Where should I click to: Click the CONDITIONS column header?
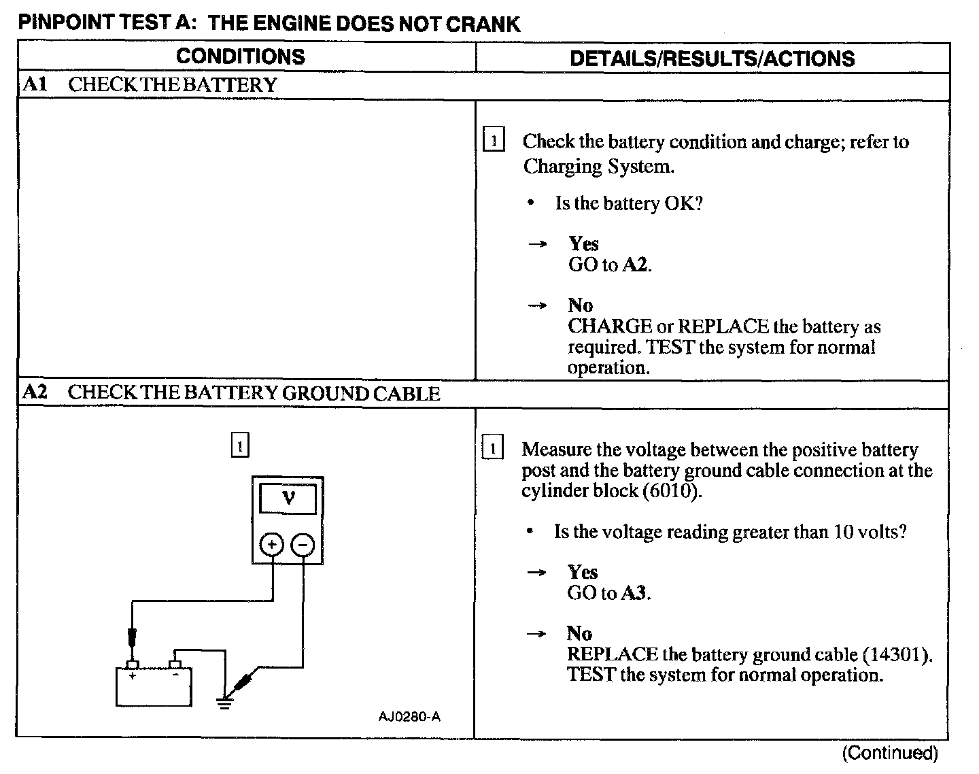(x=240, y=56)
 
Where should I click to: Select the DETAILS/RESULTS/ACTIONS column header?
(x=712, y=58)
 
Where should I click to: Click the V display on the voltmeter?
(x=288, y=499)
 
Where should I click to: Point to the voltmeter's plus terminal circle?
(x=271, y=545)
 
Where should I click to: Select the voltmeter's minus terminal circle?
(x=303, y=545)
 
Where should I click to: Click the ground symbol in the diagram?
(x=224, y=701)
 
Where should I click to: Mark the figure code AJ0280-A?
(x=409, y=717)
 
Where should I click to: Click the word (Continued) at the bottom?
(x=890, y=753)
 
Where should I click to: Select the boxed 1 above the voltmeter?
(x=240, y=445)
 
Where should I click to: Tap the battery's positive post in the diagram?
(x=133, y=664)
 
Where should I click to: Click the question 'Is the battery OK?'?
(x=628, y=203)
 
